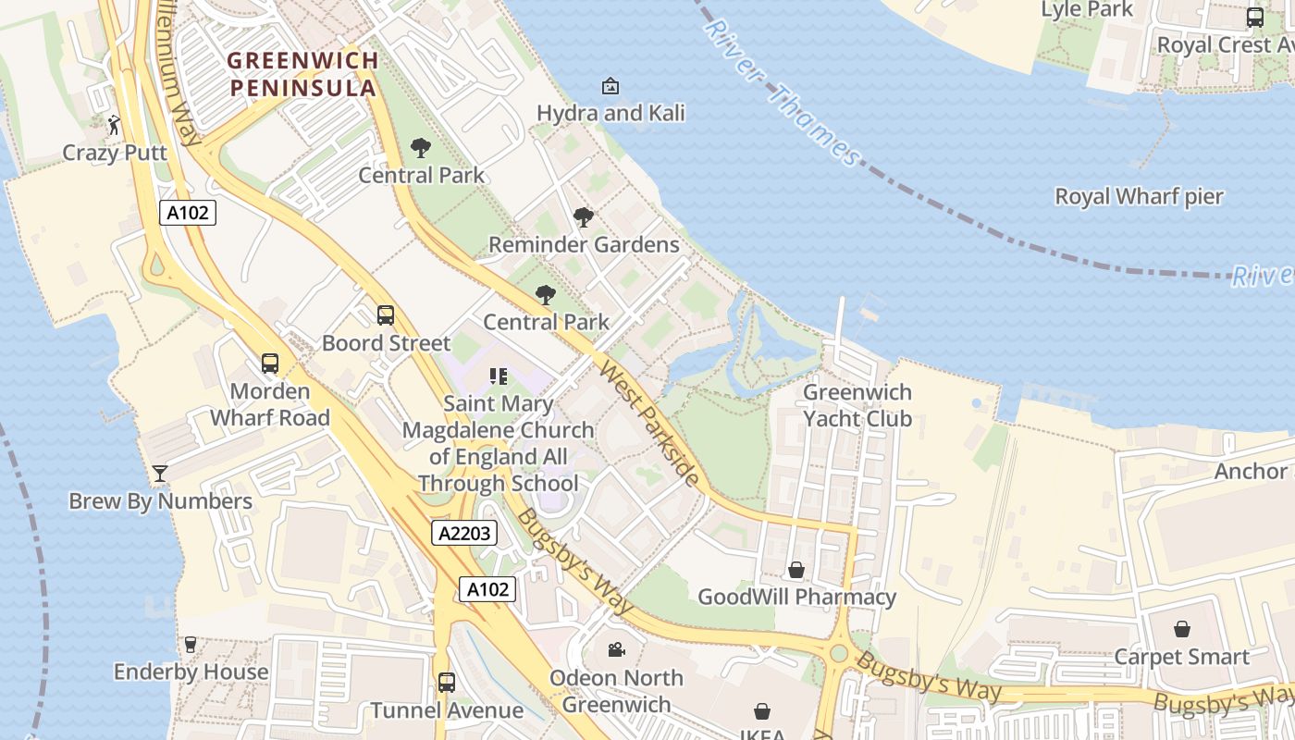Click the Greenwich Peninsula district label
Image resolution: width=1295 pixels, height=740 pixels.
click(x=302, y=74)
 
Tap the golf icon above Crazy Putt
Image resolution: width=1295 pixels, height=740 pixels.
click(x=114, y=125)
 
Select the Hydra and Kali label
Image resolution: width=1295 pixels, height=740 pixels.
click(x=610, y=113)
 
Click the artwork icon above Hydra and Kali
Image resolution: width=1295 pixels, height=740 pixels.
click(x=610, y=86)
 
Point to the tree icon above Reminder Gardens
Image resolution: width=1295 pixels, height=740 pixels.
click(x=584, y=217)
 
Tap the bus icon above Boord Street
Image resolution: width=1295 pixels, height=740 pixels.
click(x=386, y=315)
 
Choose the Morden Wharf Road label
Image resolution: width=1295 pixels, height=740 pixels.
click(x=269, y=404)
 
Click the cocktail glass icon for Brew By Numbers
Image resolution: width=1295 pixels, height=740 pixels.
click(x=160, y=474)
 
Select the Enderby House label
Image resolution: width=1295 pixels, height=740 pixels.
click(x=191, y=672)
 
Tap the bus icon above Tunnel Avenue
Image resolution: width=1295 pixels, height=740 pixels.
click(x=447, y=683)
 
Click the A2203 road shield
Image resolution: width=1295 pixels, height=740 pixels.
click(x=464, y=533)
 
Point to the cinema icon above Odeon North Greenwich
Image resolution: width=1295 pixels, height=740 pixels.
click(x=616, y=649)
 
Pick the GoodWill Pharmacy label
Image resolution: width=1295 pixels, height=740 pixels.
click(x=796, y=597)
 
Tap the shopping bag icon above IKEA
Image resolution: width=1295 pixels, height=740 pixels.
click(x=762, y=710)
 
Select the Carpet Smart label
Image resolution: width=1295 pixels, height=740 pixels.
click(x=1181, y=657)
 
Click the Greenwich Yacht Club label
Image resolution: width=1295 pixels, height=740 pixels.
click(x=857, y=405)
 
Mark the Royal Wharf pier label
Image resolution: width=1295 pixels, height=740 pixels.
click(x=1139, y=196)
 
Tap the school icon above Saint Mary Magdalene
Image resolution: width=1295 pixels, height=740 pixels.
click(x=499, y=376)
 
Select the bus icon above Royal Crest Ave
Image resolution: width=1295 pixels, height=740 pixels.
click(x=1254, y=17)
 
